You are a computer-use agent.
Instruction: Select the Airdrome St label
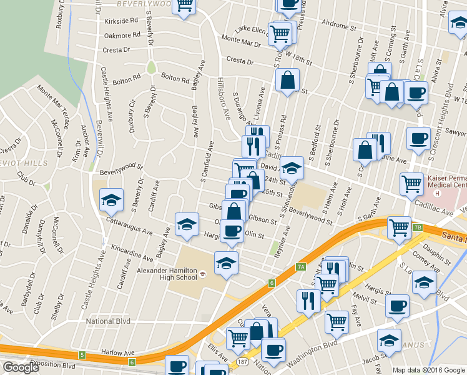338,28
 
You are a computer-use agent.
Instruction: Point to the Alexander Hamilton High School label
167,274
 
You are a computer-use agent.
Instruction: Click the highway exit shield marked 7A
301,267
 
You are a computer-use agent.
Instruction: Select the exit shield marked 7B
417,227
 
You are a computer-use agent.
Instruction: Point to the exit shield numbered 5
82,356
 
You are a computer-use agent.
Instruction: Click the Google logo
21,367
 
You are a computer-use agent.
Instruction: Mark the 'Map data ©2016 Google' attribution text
429,370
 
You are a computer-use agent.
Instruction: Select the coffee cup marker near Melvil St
396,306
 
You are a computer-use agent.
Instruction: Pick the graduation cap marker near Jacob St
388,341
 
